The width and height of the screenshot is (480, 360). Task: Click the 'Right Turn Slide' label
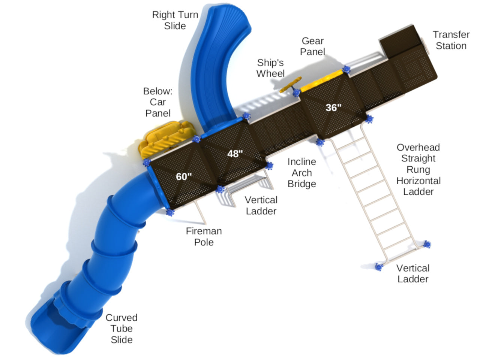(175, 20)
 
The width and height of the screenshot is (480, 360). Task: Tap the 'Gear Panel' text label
(312, 46)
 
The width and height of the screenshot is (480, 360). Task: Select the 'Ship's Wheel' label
(270, 68)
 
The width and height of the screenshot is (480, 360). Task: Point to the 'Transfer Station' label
(451, 40)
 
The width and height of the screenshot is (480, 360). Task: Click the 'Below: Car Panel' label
(158, 102)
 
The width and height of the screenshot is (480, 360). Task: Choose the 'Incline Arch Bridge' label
(302, 173)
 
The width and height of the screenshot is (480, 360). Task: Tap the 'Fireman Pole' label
(204, 237)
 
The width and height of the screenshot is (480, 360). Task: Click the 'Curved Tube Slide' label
(121, 329)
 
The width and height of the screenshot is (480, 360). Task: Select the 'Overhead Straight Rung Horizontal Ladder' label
(418, 169)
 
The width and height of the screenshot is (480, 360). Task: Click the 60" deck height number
(184, 176)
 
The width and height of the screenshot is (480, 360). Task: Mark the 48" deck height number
(235, 154)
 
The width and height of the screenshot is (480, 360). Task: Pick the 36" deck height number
(333, 108)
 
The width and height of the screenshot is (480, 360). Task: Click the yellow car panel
(165, 139)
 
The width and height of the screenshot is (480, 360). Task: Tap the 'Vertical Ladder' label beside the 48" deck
(261, 206)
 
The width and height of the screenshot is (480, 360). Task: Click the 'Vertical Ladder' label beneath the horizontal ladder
(412, 273)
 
